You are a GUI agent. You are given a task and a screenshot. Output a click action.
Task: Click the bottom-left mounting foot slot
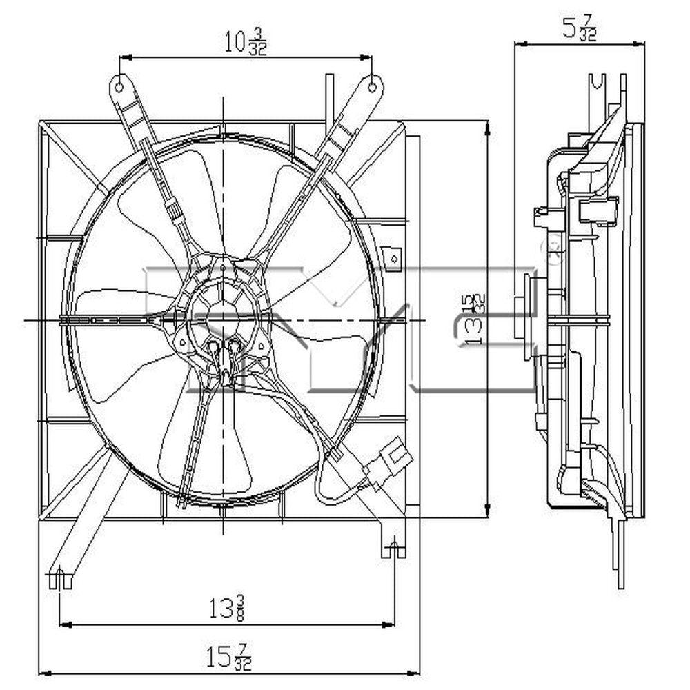pos(61,578)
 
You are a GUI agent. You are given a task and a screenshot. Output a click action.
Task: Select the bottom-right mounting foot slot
pos(393,549)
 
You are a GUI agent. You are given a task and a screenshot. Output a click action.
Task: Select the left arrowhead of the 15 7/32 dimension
pos(43,671)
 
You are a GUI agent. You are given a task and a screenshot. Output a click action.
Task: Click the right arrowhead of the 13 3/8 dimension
pos(391,624)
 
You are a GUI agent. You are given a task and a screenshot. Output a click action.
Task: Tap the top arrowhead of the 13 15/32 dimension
pos(488,126)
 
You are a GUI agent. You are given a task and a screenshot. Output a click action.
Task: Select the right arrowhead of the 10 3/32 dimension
pos(369,57)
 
